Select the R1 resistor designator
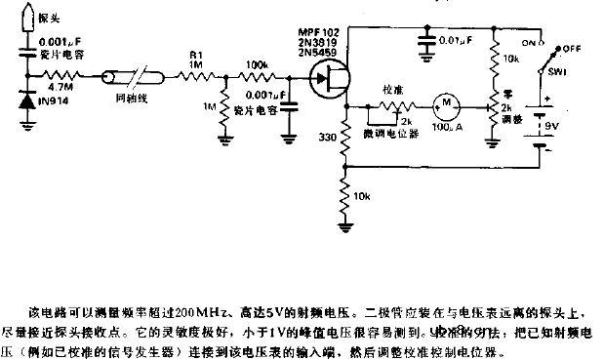pos(194,56)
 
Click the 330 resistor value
pos(327,140)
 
